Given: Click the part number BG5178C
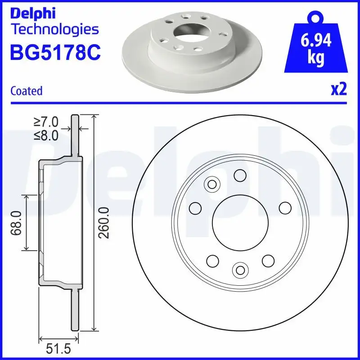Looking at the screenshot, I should pos(55,52).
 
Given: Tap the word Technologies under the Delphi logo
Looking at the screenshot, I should pos(54,30).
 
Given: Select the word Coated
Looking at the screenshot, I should pos(26,91).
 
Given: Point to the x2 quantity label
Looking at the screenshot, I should pos(339,90).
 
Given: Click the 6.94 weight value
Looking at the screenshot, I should pos(315,41).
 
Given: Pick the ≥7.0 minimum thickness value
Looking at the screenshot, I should pos(46,122).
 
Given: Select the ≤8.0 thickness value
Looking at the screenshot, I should pos(46,135).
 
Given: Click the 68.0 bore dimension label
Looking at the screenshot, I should pos(17,222).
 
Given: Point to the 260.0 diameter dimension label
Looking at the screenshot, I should pos(104,222).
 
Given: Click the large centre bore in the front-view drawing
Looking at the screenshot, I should pos(240,222).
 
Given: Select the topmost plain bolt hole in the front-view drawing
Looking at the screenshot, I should pos(240,175).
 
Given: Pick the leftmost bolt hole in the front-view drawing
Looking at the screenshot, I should pos(195,208).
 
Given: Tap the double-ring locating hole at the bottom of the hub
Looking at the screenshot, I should pos(240,270).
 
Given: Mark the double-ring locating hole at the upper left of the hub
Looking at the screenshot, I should pos(211,184).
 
